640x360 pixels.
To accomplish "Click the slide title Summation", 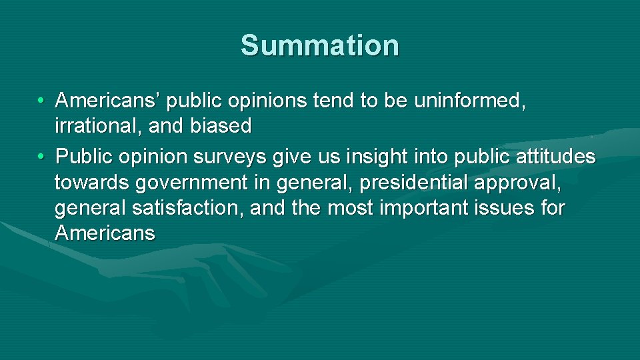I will pos(320,45).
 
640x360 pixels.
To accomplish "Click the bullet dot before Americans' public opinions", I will pos(41,101).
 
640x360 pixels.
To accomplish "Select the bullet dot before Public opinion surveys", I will pos(41,157).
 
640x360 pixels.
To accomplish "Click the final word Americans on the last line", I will pos(105,233).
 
